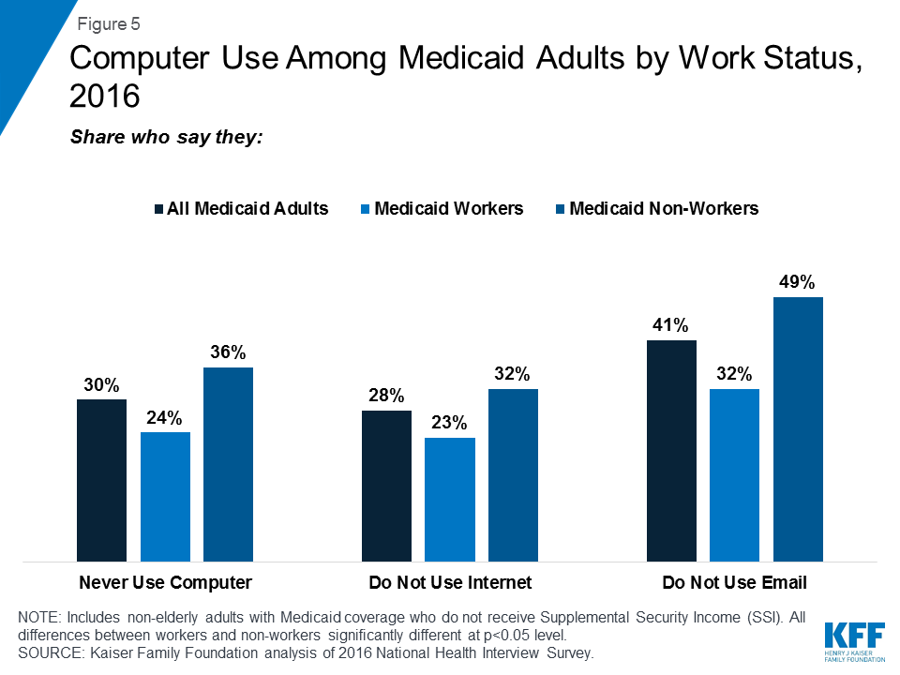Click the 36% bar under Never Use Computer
click(x=228, y=464)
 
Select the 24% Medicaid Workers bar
click(x=165, y=497)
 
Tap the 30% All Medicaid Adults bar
click(x=101, y=480)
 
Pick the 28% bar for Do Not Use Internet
click(x=386, y=486)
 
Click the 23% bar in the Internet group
click(x=450, y=500)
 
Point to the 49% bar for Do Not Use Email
click(x=798, y=429)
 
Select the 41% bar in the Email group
click(x=672, y=451)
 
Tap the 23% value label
click(x=450, y=423)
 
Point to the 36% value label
click(x=228, y=352)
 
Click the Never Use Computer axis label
click(x=165, y=582)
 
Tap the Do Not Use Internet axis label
click(x=450, y=582)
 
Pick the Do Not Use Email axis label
click(x=735, y=582)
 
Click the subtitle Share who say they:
click(x=166, y=137)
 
